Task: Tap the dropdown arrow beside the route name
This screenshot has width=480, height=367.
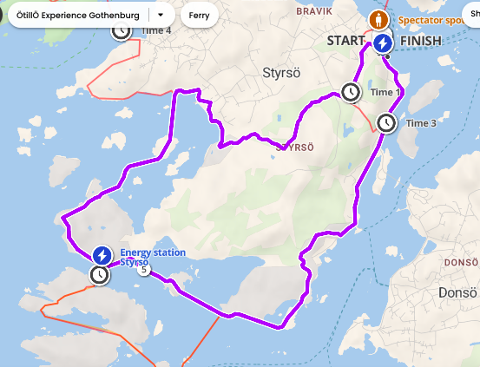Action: point(161,16)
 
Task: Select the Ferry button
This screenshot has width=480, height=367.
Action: point(199,16)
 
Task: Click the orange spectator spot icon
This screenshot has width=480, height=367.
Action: point(378,20)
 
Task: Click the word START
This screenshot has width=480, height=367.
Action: point(346,41)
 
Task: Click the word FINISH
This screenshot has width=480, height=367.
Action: point(422,41)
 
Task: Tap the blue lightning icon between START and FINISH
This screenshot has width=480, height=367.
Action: point(383,42)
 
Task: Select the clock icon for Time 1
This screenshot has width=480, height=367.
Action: point(351,92)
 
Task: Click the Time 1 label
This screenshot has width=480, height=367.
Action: point(385,92)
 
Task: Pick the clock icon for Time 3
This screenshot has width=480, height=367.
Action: point(387,123)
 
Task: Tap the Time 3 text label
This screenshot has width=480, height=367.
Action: point(421,123)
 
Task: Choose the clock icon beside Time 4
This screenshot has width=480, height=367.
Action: point(122,29)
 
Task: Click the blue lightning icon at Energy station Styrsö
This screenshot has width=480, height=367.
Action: point(102,255)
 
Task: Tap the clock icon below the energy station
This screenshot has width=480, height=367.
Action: point(101,275)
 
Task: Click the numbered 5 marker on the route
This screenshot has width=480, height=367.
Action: point(145,270)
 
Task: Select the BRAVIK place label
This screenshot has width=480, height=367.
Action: point(313,11)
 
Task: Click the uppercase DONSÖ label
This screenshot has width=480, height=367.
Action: point(460,261)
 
